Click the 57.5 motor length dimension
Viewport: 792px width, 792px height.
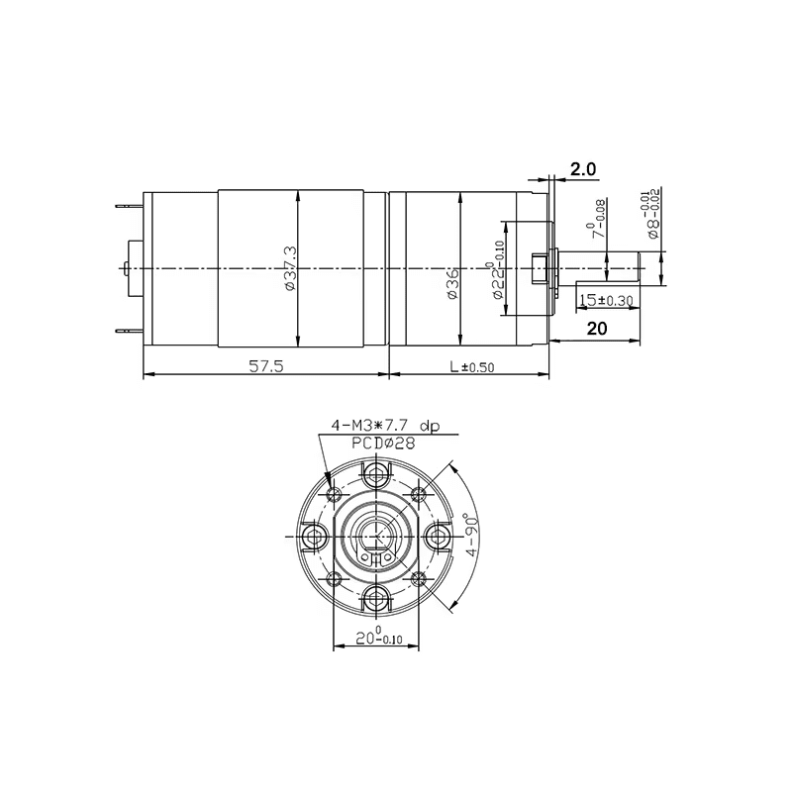pos(266,366)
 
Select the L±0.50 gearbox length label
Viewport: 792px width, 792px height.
pos(470,366)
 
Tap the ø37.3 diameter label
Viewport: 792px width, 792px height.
pos(288,268)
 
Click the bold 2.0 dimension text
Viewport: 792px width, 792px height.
pos(584,170)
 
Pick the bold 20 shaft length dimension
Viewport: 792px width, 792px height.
pos(596,330)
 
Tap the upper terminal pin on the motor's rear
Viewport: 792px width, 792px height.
pos(127,206)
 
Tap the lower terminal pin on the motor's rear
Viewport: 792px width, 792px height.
pos(127,332)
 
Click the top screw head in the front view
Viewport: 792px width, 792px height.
pos(376,475)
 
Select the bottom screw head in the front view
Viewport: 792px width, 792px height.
pos(376,596)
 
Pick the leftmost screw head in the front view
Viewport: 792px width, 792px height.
pos(316,536)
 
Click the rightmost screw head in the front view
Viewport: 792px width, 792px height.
pos(437,536)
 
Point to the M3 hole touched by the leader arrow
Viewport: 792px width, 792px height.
pos(334,493)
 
